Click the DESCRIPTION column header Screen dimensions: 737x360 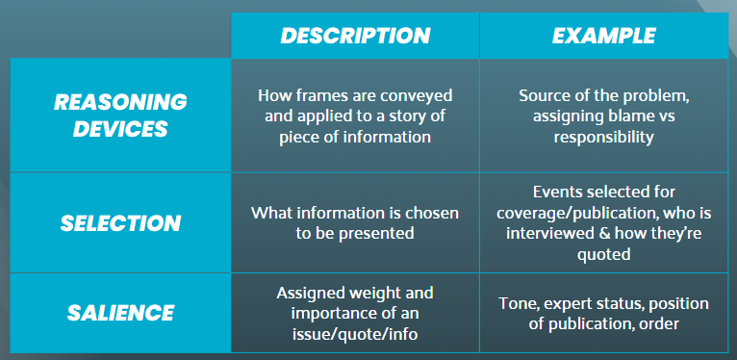point(355,36)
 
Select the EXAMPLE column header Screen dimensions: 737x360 point(604,36)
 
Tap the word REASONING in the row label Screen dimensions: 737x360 point(120,102)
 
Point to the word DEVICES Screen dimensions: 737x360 point(120,129)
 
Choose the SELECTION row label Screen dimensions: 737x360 point(120,223)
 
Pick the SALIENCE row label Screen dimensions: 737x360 point(120,313)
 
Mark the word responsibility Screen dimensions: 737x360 point(603,137)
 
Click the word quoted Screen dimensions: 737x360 point(603,254)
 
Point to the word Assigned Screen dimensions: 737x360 point(306,294)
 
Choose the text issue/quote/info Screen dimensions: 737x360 point(355,334)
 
